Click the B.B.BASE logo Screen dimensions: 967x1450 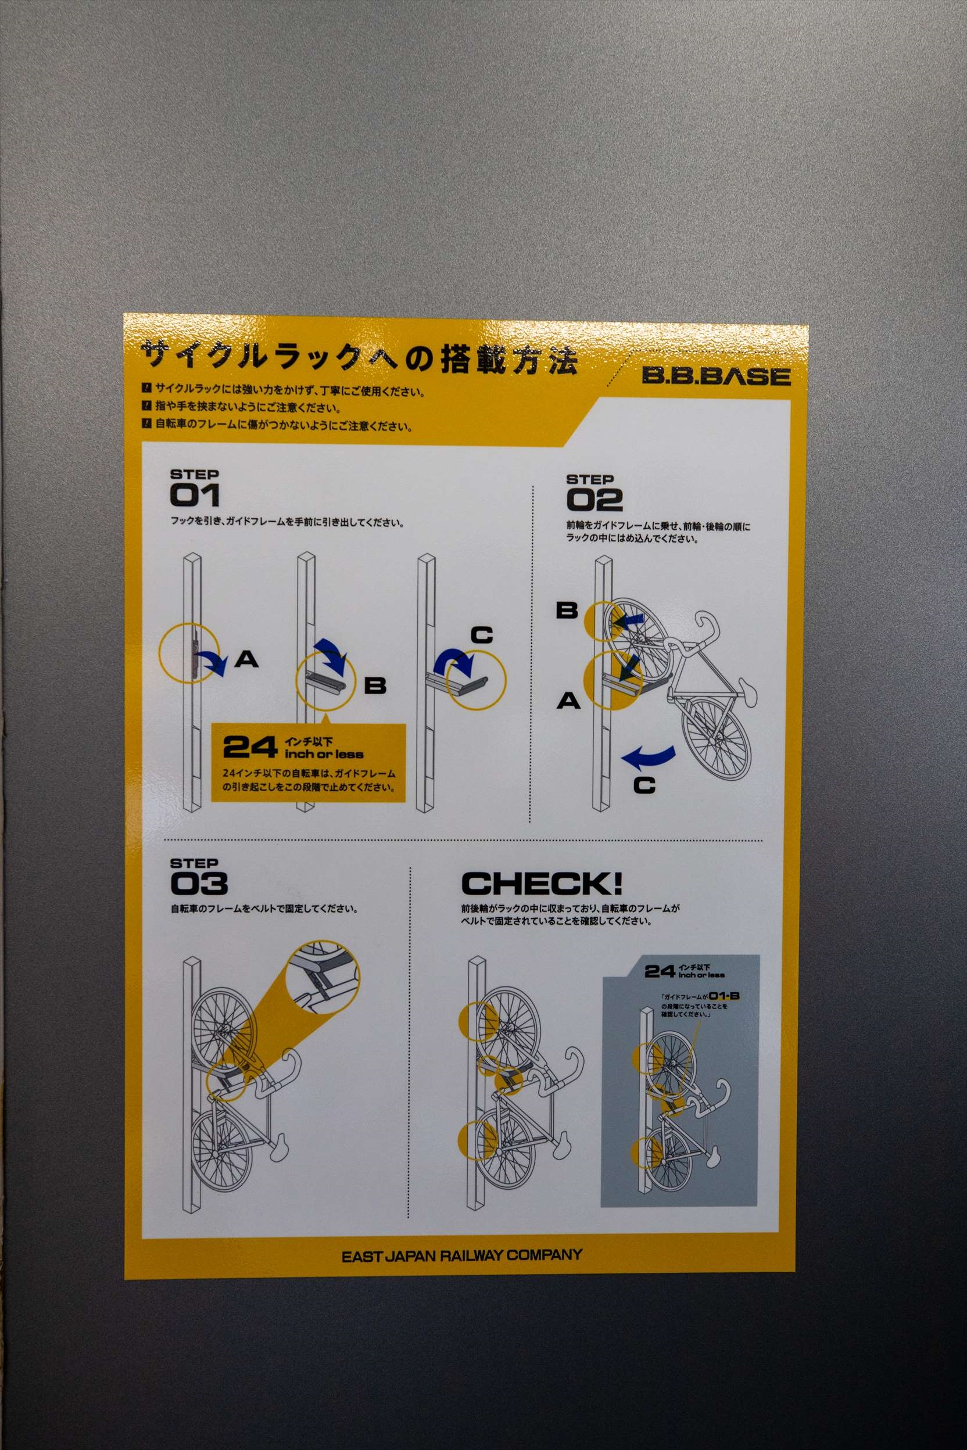(x=716, y=375)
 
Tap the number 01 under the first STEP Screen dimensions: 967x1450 (x=195, y=495)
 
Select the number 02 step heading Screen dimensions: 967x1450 (x=594, y=500)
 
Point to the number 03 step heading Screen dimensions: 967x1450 (x=199, y=884)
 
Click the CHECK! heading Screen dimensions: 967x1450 (x=542, y=884)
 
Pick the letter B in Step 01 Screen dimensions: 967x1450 (x=375, y=685)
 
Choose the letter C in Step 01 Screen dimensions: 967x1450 (x=482, y=635)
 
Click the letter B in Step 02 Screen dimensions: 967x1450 (x=567, y=611)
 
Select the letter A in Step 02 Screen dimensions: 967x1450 (x=568, y=701)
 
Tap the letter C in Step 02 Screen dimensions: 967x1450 (x=644, y=785)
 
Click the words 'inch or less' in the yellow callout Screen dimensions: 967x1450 (x=324, y=754)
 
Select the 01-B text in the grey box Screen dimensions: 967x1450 (x=724, y=996)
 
